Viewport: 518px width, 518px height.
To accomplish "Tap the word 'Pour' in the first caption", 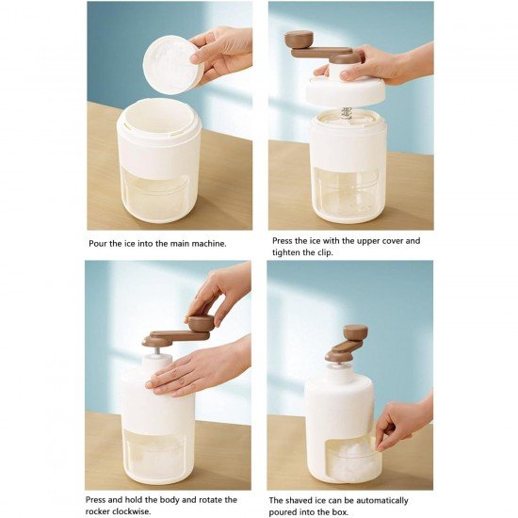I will coord(99,242).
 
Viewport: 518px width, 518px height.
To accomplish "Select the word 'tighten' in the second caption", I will coord(290,252).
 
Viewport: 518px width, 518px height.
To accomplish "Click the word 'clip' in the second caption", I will coord(335,252).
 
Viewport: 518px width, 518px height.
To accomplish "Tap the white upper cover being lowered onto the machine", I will coord(345,89).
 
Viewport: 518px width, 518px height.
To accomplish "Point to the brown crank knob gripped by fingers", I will coord(200,323).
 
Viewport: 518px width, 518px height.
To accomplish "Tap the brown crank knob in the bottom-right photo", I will coord(355,332).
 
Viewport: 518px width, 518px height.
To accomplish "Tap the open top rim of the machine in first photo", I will coord(158,115).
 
